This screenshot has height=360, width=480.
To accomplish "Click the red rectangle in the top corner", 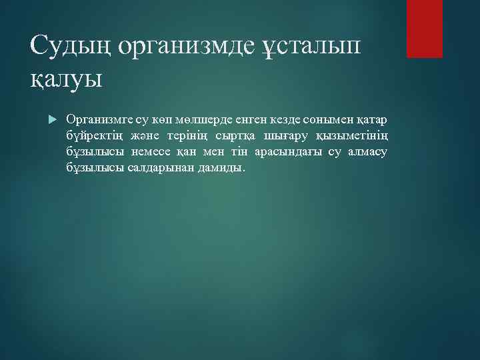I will [425, 29].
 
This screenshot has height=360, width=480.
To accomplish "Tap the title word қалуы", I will [67, 79].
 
